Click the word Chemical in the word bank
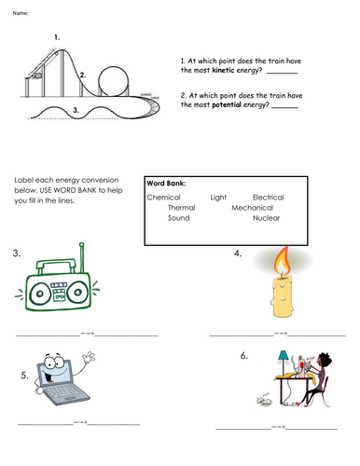164,197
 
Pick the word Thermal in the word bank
182,207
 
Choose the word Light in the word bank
219,197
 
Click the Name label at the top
21,12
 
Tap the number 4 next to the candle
240,253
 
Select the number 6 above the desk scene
243,355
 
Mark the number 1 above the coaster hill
57,36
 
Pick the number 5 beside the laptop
24,376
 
